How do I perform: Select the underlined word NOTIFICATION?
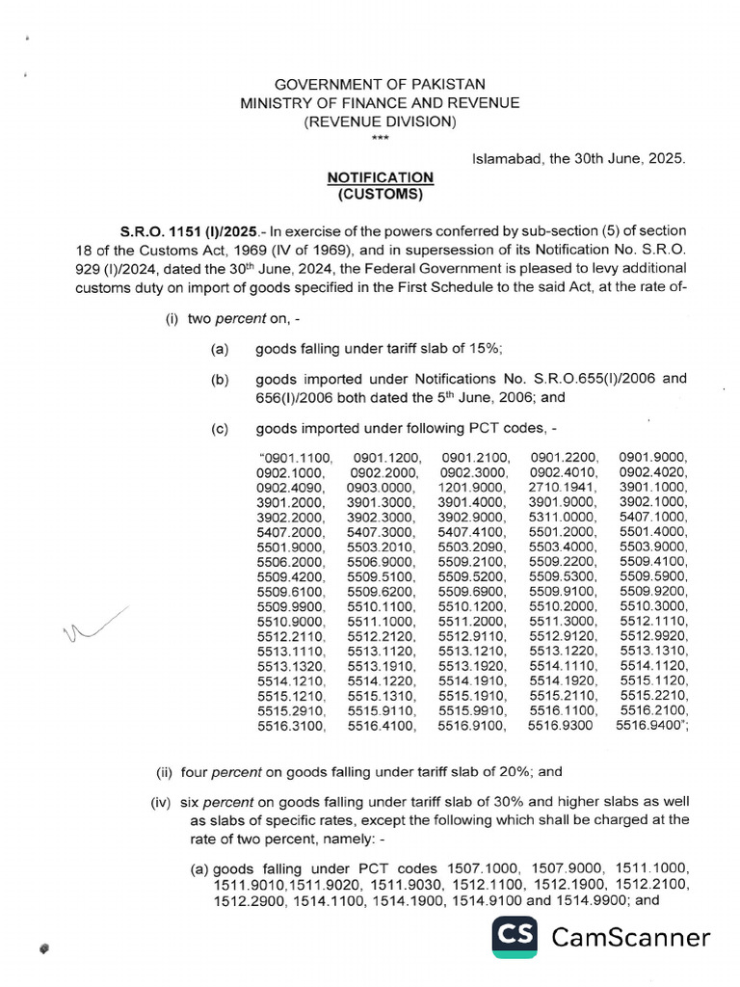click(x=380, y=178)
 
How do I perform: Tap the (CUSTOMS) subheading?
click(x=380, y=195)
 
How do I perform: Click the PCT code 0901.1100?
click(x=295, y=457)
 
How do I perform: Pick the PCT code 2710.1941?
click(x=564, y=488)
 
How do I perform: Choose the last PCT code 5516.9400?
click(x=651, y=727)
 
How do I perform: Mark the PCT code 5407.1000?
click(x=653, y=518)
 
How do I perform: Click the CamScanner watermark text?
click(x=630, y=937)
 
